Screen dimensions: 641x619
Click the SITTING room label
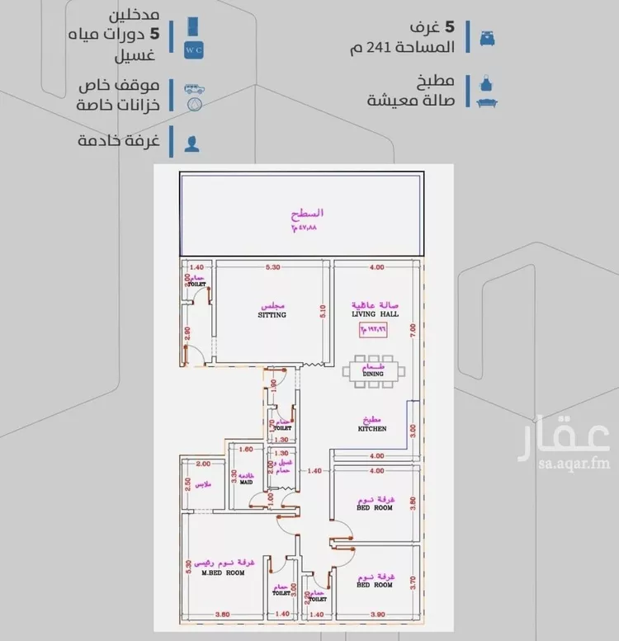(272, 315)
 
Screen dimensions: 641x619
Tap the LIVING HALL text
(376, 313)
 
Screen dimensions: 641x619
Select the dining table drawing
(376, 370)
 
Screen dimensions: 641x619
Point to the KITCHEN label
(372, 429)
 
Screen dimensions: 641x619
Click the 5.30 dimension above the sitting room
(273, 267)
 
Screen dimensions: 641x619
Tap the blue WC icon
(192, 37)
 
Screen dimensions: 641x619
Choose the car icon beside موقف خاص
(192, 87)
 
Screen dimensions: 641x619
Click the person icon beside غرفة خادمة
(192, 142)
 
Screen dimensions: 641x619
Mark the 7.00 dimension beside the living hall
(413, 330)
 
